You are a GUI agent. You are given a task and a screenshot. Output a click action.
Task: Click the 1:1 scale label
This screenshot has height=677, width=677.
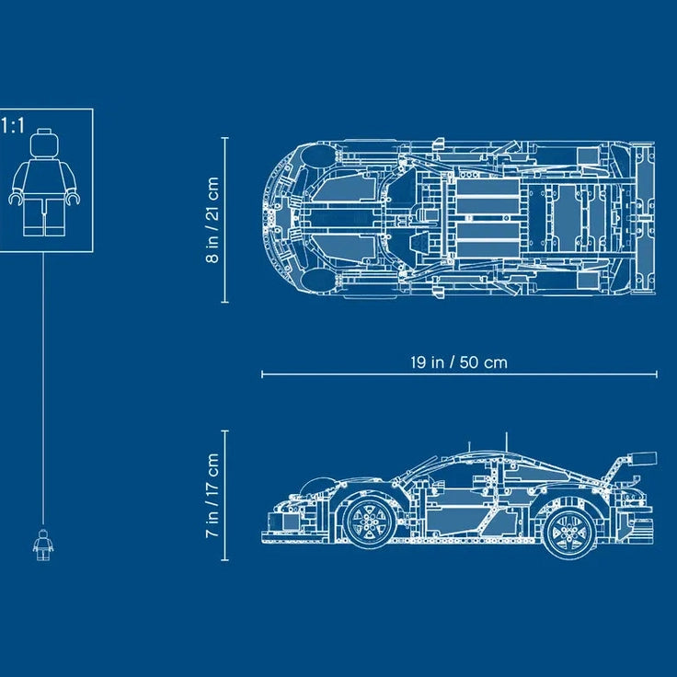[13, 126]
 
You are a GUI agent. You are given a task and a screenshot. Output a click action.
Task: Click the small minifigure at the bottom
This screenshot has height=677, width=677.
[43, 545]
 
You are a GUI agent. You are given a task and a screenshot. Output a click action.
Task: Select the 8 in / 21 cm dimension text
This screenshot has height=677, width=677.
[212, 220]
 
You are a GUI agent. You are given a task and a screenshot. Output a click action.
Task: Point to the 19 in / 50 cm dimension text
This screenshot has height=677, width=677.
[459, 361]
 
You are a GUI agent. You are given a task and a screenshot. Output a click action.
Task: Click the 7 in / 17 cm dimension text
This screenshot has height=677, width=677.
[212, 495]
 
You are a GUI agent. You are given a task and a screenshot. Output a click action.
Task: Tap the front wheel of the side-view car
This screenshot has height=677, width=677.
[369, 522]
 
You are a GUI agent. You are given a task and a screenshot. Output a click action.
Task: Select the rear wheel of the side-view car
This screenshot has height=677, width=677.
[571, 532]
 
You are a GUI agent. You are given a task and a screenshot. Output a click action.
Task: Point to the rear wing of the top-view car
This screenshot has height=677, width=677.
[645, 219]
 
